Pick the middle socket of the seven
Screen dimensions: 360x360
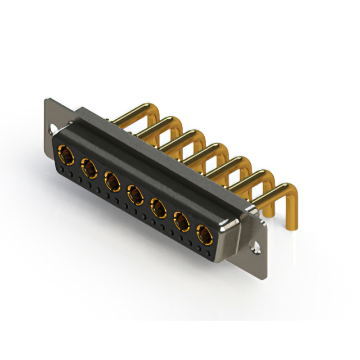click(x=135, y=195)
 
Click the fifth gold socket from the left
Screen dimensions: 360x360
click(x=158, y=208)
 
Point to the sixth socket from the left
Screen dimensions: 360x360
click(x=181, y=222)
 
